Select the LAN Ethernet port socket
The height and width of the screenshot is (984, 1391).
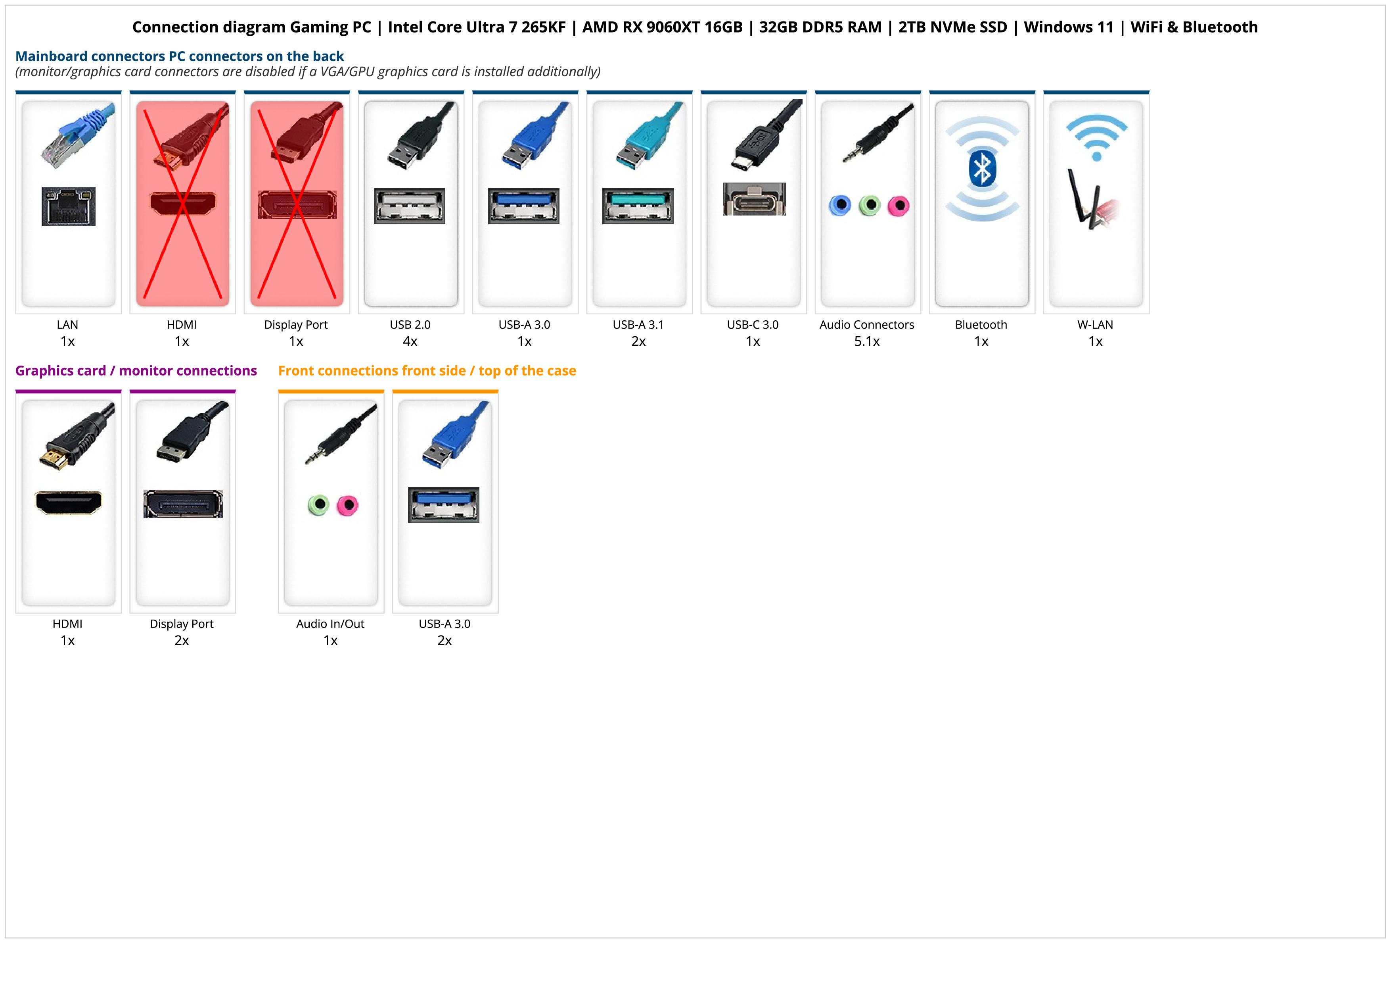[x=69, y=206]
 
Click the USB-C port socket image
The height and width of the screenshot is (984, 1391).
[x=754, y=199]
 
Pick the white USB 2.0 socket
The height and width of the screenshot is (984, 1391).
[x=410, y=206]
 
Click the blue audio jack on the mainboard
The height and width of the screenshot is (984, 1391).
[x=840, y=206]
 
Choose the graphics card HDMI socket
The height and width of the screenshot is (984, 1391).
[x=69, y=502]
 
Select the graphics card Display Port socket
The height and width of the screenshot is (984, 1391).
[x=183, y=504]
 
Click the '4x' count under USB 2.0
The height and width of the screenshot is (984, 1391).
[x=410, y=341]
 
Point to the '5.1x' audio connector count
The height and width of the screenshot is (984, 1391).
[x=867, y=341]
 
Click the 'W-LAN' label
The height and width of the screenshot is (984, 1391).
[x=1095, y=324]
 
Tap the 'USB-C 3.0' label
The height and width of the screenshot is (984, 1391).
[x=753, y=324]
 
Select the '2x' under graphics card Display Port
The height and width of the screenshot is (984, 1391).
[x=182, y=640]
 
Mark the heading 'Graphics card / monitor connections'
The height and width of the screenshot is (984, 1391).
[x=136, y=370]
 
